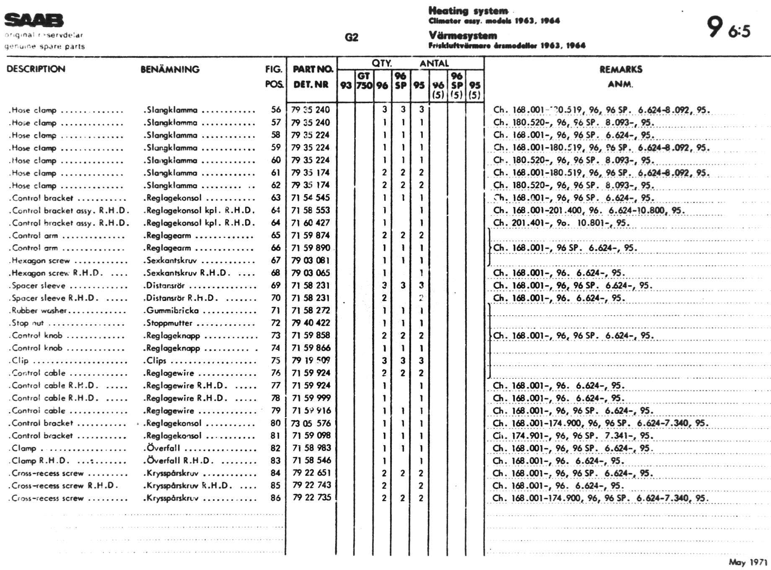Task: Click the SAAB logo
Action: [34, 20]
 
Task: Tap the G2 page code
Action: [351, 38]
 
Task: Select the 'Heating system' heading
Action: [468, 11]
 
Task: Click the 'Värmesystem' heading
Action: [463, 36]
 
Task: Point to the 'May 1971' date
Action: [748, 562]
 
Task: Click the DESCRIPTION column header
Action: [36, 69]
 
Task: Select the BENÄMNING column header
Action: [170, 70]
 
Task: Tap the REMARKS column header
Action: [621, 70]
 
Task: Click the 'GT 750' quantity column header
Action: [364, 81]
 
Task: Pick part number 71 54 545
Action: [311, 197]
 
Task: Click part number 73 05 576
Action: [311, 423]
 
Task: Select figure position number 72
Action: [275, 323]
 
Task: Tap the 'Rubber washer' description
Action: [39, 311]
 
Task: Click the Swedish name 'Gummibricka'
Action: [172, 311]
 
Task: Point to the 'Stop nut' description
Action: [28, 323]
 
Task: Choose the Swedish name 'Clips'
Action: [156, 360]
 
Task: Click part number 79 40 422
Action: [311, 323]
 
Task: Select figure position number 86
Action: [275, 498]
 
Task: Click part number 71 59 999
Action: [311, 398]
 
